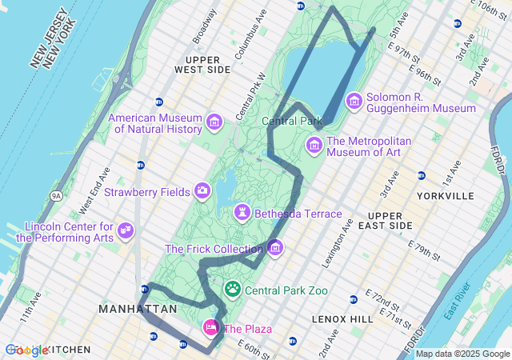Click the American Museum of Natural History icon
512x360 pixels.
coord(214,122)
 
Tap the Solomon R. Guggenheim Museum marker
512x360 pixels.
coord(354,102)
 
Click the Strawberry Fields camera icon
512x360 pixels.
coord(202,190)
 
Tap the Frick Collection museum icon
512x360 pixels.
coord(275,248)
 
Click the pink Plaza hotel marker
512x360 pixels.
coord(211,327)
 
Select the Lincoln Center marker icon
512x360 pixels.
coord(125,231)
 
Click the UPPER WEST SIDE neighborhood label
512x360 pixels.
coord(207,65)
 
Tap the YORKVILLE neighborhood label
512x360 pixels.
coord(446,196)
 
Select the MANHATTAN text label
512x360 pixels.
coord(137,309)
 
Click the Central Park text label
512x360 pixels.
coord(291,122)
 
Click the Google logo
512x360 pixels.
coord(26,350)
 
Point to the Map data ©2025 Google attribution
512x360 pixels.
coord(462,354)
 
